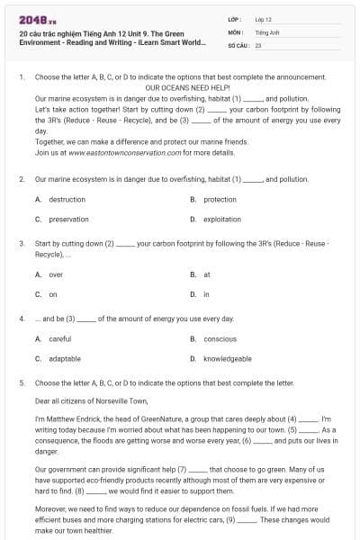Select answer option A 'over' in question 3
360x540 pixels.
(x=56, y=274)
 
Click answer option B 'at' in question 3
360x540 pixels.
(x=207, y=274)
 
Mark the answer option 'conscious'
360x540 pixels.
(x=220, y=338)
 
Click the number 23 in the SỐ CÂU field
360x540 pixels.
(x=258, y=44)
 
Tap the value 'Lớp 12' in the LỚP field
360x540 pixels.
(x=263, y=19)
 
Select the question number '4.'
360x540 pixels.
(x=21, y=319)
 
